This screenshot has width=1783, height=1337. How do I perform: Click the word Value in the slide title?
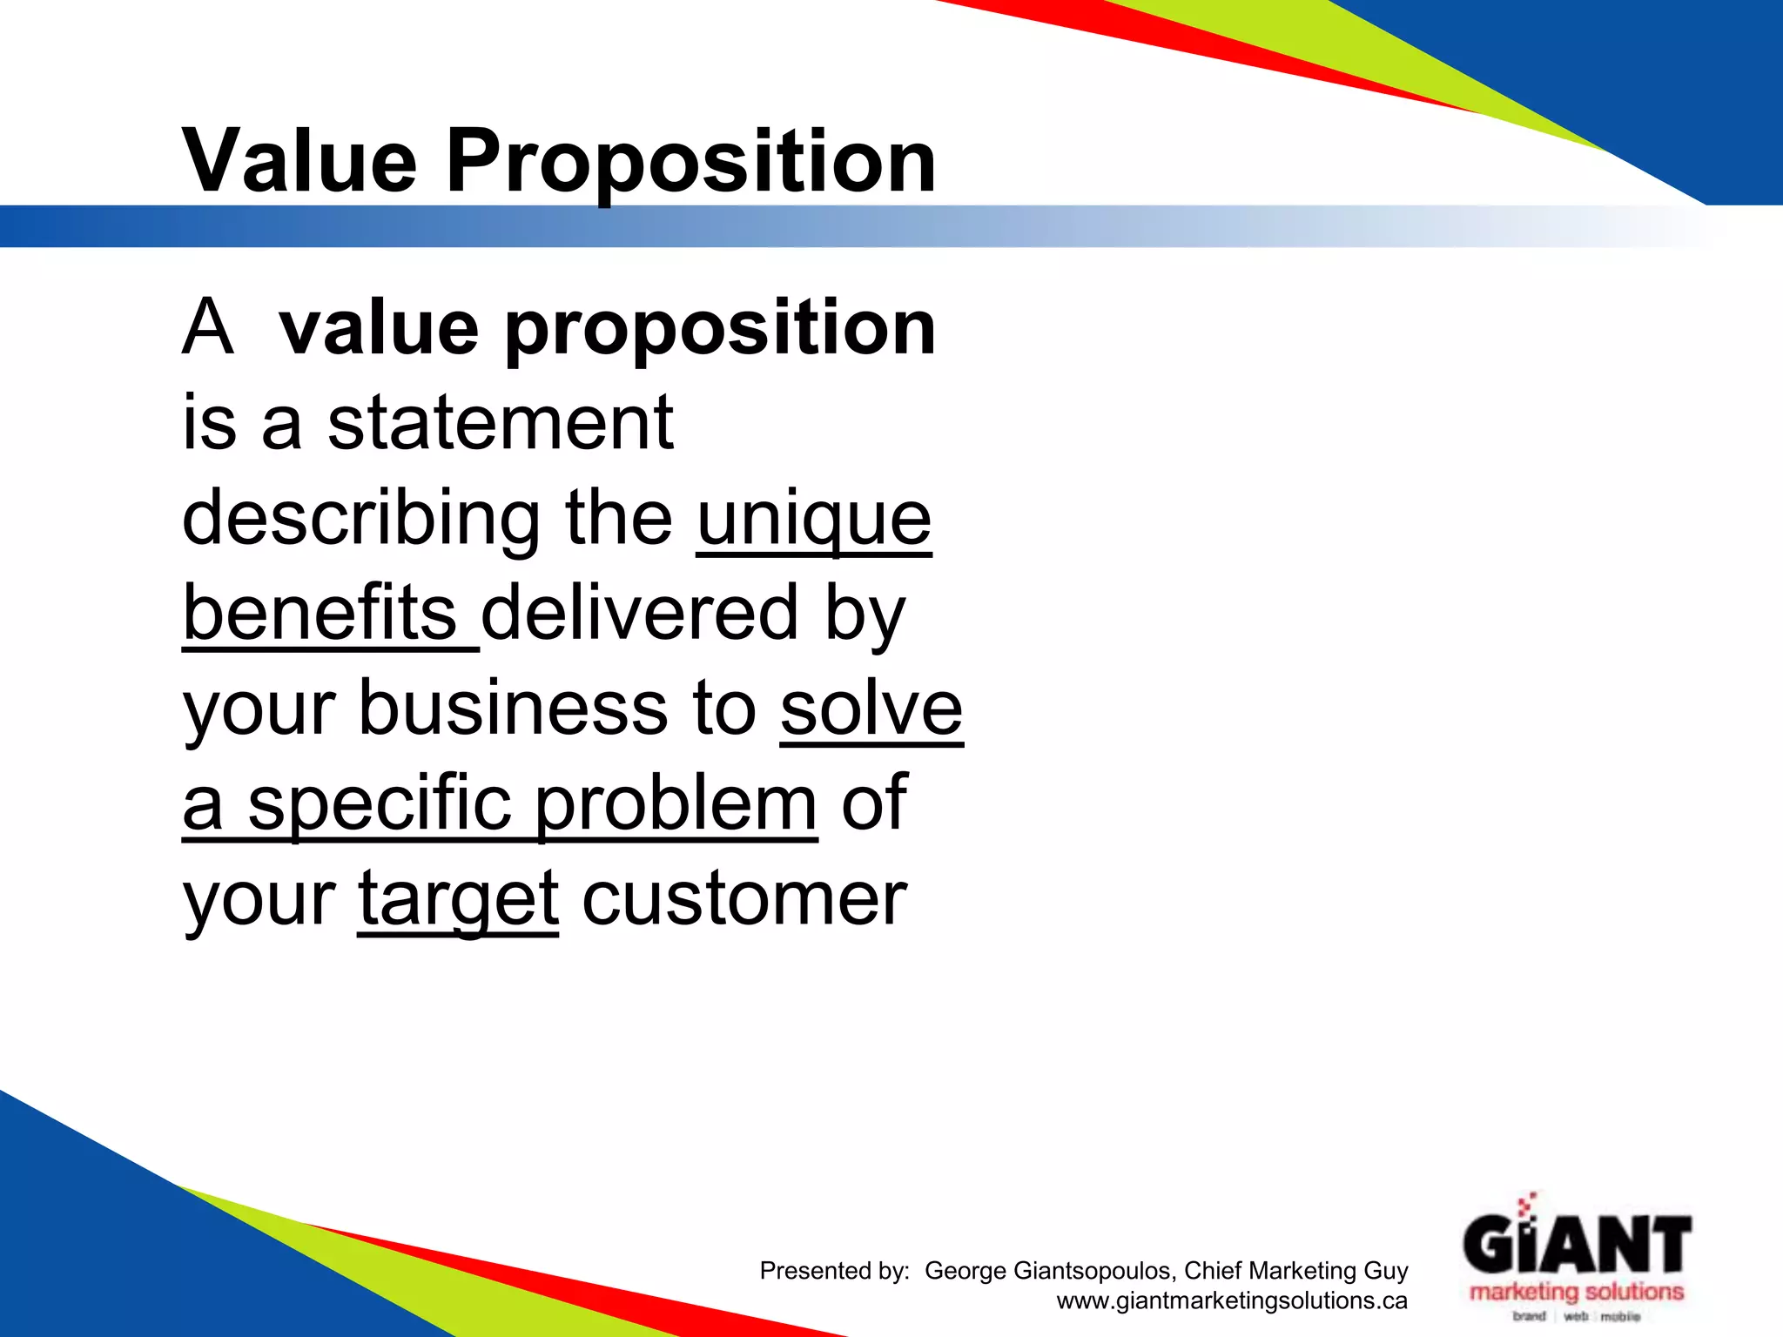[x=299, y=161]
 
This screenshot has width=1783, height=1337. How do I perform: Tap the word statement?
[x=500, y=423]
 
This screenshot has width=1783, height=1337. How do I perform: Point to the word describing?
[x=361, y=519]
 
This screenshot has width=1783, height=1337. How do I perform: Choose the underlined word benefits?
[x=320, y=613]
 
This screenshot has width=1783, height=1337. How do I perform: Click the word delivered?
[x=640, y=613]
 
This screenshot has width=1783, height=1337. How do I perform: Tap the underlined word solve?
[x=871, y=709]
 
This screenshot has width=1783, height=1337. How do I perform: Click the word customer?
[x=744, y=899]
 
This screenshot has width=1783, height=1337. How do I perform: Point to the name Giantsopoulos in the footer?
[x=1093, y=1272]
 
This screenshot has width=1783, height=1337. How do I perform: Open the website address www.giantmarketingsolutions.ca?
[x=1232, y=1301]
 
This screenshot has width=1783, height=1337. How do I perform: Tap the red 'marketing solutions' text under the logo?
[x=1577, y=1292]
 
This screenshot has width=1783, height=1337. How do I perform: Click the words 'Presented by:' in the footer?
[x=834, y=1272]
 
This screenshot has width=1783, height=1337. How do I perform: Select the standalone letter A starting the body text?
[x=208, y=329]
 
